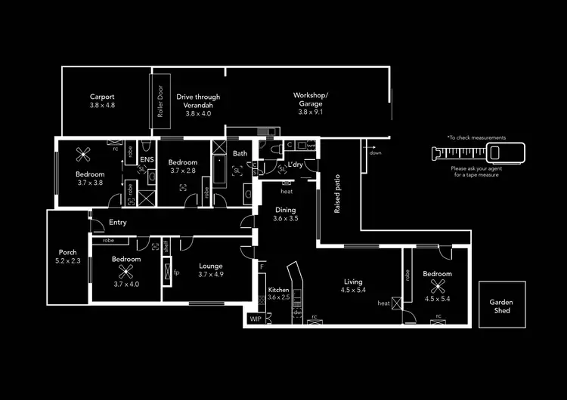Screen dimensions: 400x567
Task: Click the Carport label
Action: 102,97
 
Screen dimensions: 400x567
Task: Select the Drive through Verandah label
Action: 198,101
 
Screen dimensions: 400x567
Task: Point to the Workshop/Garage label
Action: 310,99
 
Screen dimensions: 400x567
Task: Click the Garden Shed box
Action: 502,305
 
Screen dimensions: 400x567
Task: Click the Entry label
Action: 117,223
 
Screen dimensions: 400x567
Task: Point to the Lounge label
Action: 211,266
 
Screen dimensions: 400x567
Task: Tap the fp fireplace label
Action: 176,272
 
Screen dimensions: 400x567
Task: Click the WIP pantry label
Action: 255,319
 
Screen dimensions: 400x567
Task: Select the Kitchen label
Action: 279,290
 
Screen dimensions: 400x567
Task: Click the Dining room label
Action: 285,211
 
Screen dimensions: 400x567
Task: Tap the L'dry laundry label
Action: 296,164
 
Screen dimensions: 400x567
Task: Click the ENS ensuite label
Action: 147,160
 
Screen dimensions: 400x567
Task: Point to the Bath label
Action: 240,154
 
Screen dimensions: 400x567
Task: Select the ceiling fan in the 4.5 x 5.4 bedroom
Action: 437,285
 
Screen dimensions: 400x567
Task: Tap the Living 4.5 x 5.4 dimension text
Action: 353,290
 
